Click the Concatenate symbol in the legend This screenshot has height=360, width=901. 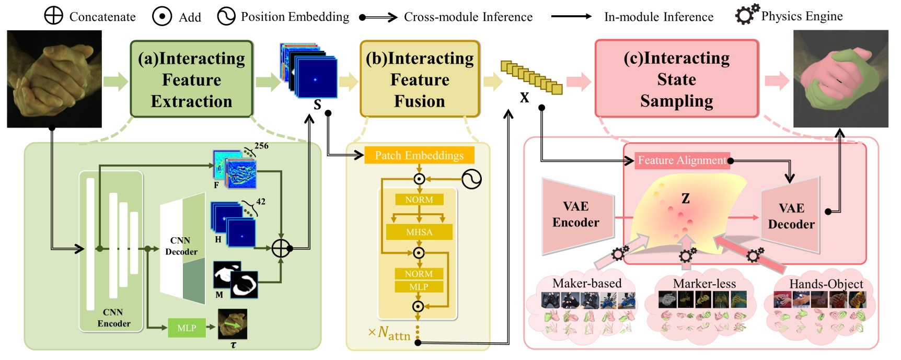tap(53, 16)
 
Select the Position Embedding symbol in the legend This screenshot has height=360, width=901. tap(226, 16)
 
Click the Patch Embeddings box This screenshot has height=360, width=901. tap(419, 155)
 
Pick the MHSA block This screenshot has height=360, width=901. tap(419, 232)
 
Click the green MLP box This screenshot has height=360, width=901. tap(187, 328)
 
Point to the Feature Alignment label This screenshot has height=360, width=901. tap(681, 160)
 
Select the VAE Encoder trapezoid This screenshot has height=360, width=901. tap(576, 215)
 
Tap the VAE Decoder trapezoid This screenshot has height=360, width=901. tap(791, 216)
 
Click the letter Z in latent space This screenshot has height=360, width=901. tap(686, 199)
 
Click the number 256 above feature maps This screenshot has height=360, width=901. tap(261, 146)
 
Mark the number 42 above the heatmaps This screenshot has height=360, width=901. tap(260, 202)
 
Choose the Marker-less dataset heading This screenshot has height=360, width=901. tap(704, 284)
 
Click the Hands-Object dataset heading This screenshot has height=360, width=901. tap(826, 284)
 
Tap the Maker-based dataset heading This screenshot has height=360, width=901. tap(587, 283)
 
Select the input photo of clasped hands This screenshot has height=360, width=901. tap(54, 79)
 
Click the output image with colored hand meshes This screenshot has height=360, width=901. tap(840, 79)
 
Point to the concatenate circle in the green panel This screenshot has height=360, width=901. tap(281, 249)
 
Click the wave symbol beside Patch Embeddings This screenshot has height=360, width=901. tap(471, 179)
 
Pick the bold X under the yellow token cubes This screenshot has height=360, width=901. tap(524, 98)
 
